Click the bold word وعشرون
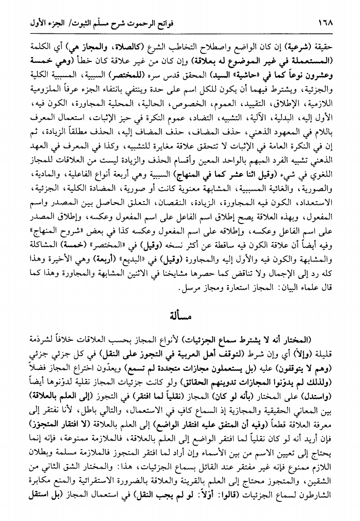point(313,76)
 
